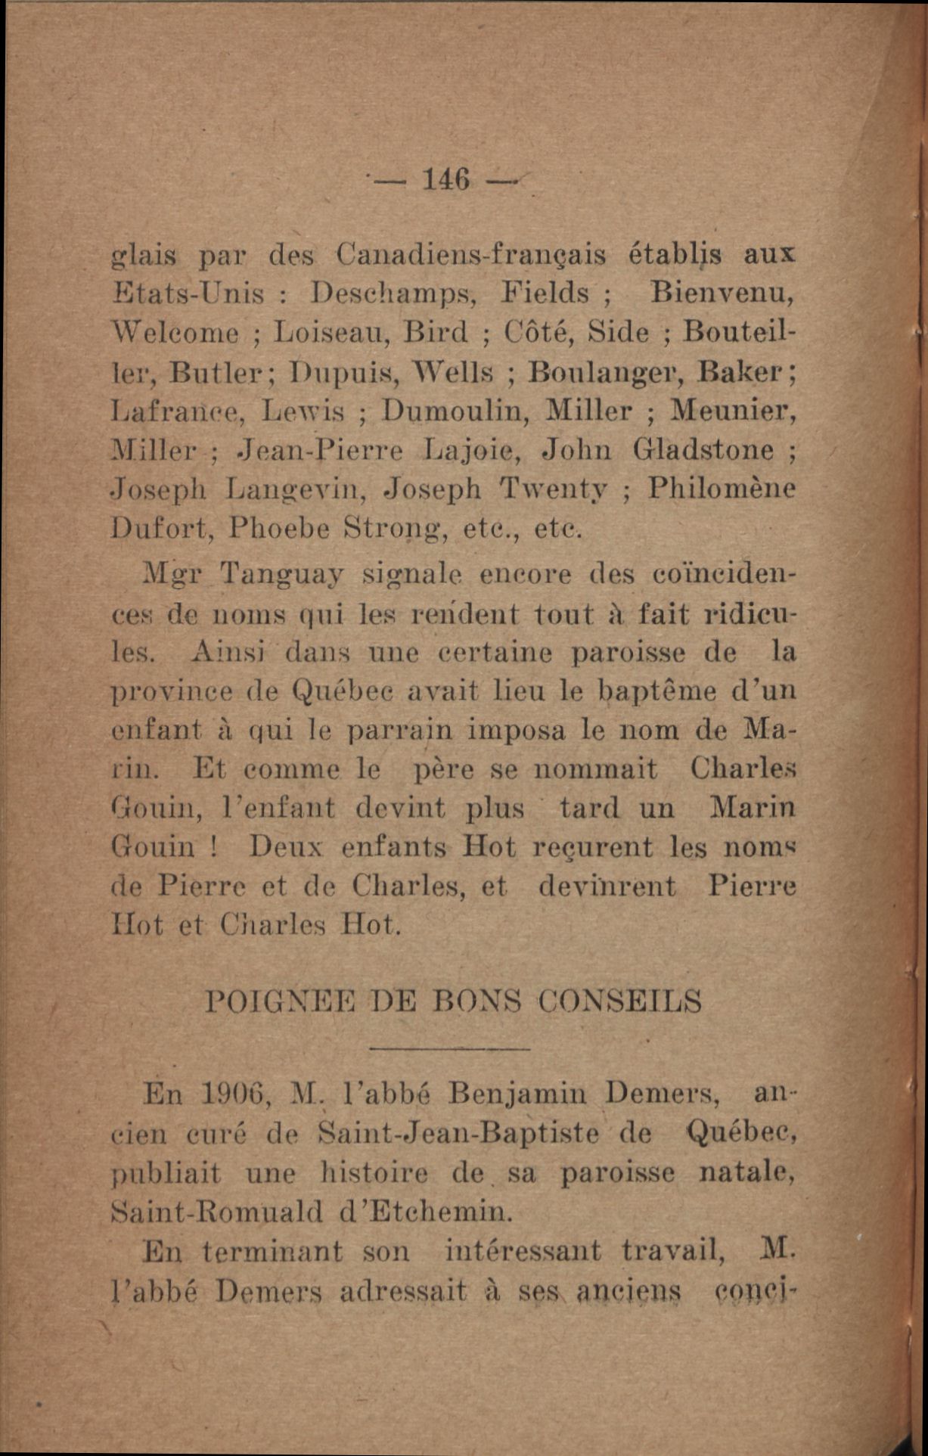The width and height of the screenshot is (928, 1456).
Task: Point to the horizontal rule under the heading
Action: click(451, 1049)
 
